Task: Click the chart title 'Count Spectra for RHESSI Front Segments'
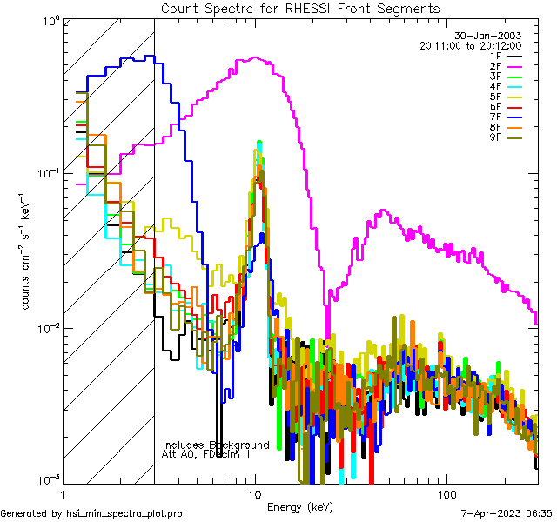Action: pos(300,8)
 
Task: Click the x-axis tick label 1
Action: pos(62,494)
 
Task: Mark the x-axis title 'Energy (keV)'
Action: pos(300,506)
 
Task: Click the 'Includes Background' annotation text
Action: pos(216,445)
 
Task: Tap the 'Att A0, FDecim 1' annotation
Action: pos(206,454)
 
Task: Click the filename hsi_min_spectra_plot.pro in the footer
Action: pos(124,514)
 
